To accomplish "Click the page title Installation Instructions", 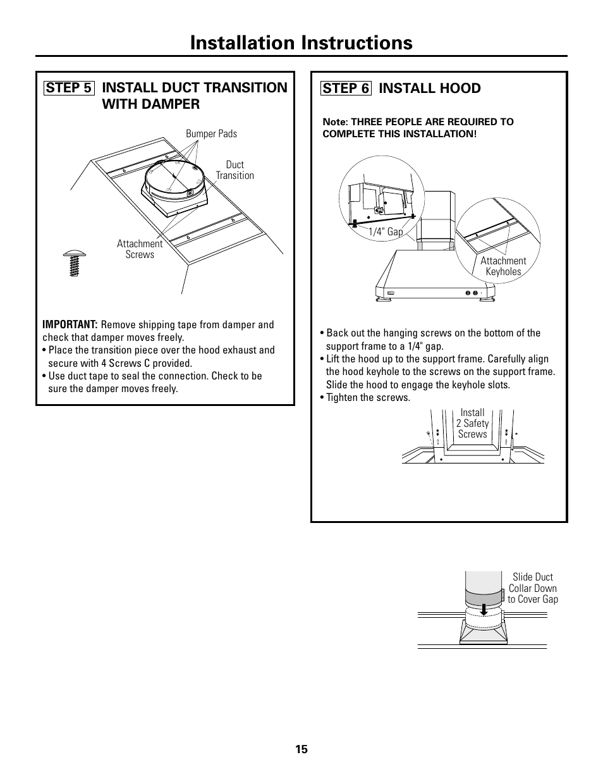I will pos(301,42).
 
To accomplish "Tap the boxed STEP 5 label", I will pos(70,88).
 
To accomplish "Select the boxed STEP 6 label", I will pos(346,89).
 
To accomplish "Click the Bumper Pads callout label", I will pos(211,133).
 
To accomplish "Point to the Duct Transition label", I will pos(234,170).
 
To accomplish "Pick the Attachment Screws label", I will pos(140,249).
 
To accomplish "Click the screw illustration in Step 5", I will pos(75,263).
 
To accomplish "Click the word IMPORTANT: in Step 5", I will pos(70,324).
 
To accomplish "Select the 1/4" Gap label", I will pos(386,232).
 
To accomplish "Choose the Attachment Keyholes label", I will pos(503,266).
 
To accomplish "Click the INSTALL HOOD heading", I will pos(430,89).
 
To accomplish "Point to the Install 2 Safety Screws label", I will pos(472,423).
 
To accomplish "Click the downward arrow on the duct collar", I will pos(484,609).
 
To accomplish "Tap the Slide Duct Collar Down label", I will pos(533,588).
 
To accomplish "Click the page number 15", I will pos(301,749).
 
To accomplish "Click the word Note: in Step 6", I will pos(335,121).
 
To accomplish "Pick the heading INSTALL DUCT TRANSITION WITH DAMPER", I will pos(195,95).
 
